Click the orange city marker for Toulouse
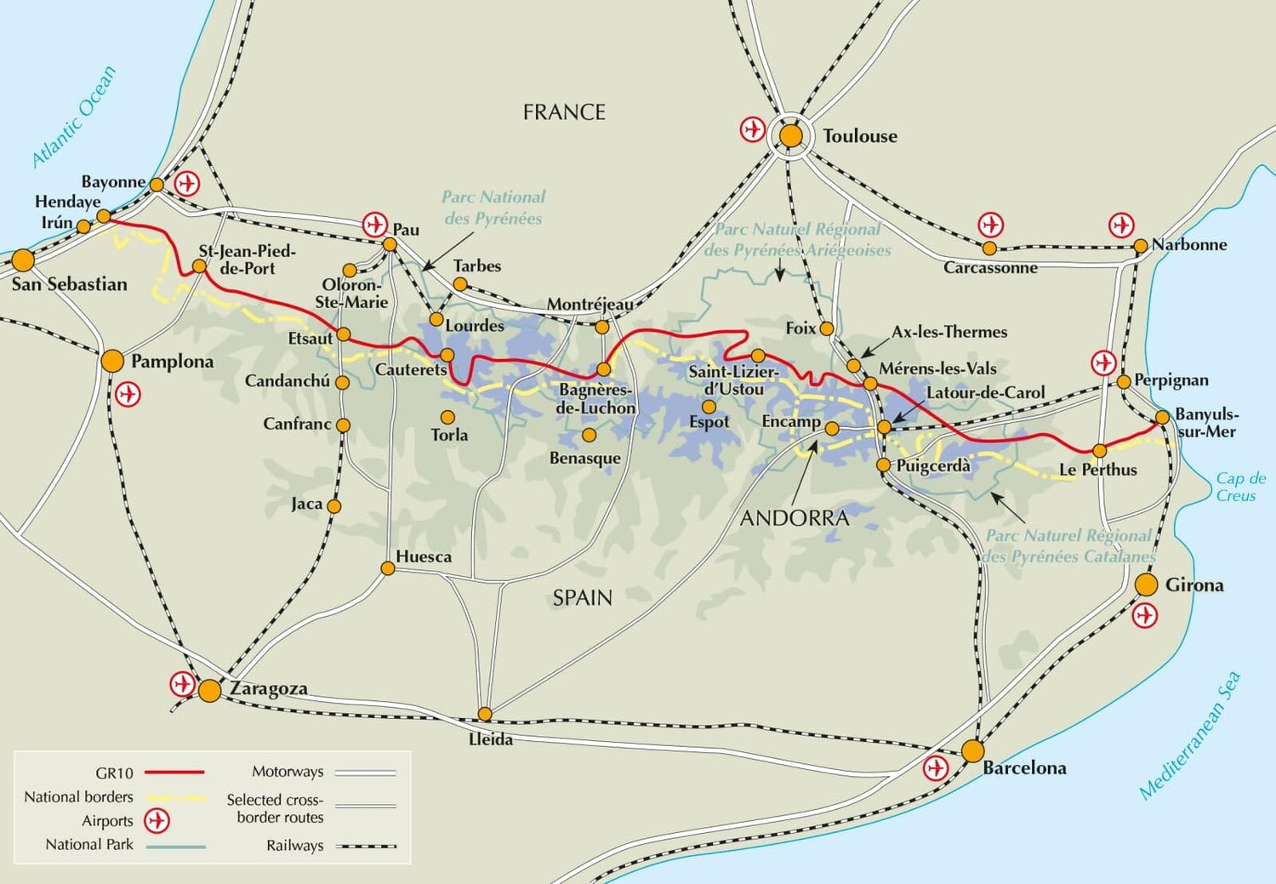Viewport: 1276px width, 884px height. pyautogui.click(x=791, y=136)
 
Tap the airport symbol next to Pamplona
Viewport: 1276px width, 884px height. pyautogui.click(x=128, y=395)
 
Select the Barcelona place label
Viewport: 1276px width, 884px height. pyautogui.click(x=1024, y=768)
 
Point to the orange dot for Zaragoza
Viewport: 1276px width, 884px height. pyautogui.click(x=209, y=690)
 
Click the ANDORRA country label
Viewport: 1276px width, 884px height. pyautogui.click(x=794, y=518)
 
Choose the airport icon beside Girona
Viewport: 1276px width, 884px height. pyautogui.click(x=1146, y=615)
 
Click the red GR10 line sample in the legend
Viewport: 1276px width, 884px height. pyautogui.click(x=174, y=773)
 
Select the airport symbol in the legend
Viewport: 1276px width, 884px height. pyautogui.click(x=157, y=821)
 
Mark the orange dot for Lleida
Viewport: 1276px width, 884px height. pyautogui.click(x=485, y=714)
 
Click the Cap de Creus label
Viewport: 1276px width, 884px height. pyautogui.click(x=1239, y=487)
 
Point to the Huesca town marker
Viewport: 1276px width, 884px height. pyautogui.click(x=387, y=568)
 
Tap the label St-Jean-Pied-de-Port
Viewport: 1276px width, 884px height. pyautogui.click(x=247, y=259)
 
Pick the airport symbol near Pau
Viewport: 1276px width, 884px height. pyautogui.click(x=374, y=225)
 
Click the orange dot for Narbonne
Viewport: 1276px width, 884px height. pyautogui.click(x=1141, y=247)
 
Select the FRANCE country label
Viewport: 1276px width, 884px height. pyautogui.click(x=564, y=112)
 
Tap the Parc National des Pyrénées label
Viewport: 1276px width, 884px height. pyautogui.click(x=493, y=208)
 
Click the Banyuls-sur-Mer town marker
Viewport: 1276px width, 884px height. pyautogui.click(x=1163, y=418)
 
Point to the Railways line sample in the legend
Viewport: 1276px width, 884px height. pyautogui.click(x=366, y=847)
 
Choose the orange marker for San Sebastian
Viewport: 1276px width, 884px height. pyautogui.click(x=23, y=260)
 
